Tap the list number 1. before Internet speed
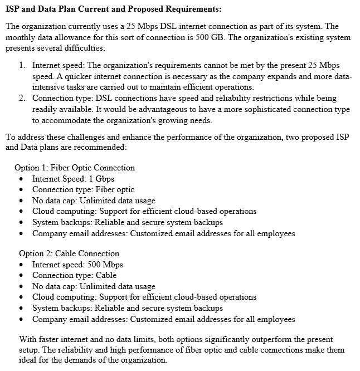22,65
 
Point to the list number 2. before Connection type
22,98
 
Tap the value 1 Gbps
101,179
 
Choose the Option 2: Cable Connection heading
69,253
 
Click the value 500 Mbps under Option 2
106,265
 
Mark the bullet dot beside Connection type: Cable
21,276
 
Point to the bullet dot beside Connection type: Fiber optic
21,190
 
